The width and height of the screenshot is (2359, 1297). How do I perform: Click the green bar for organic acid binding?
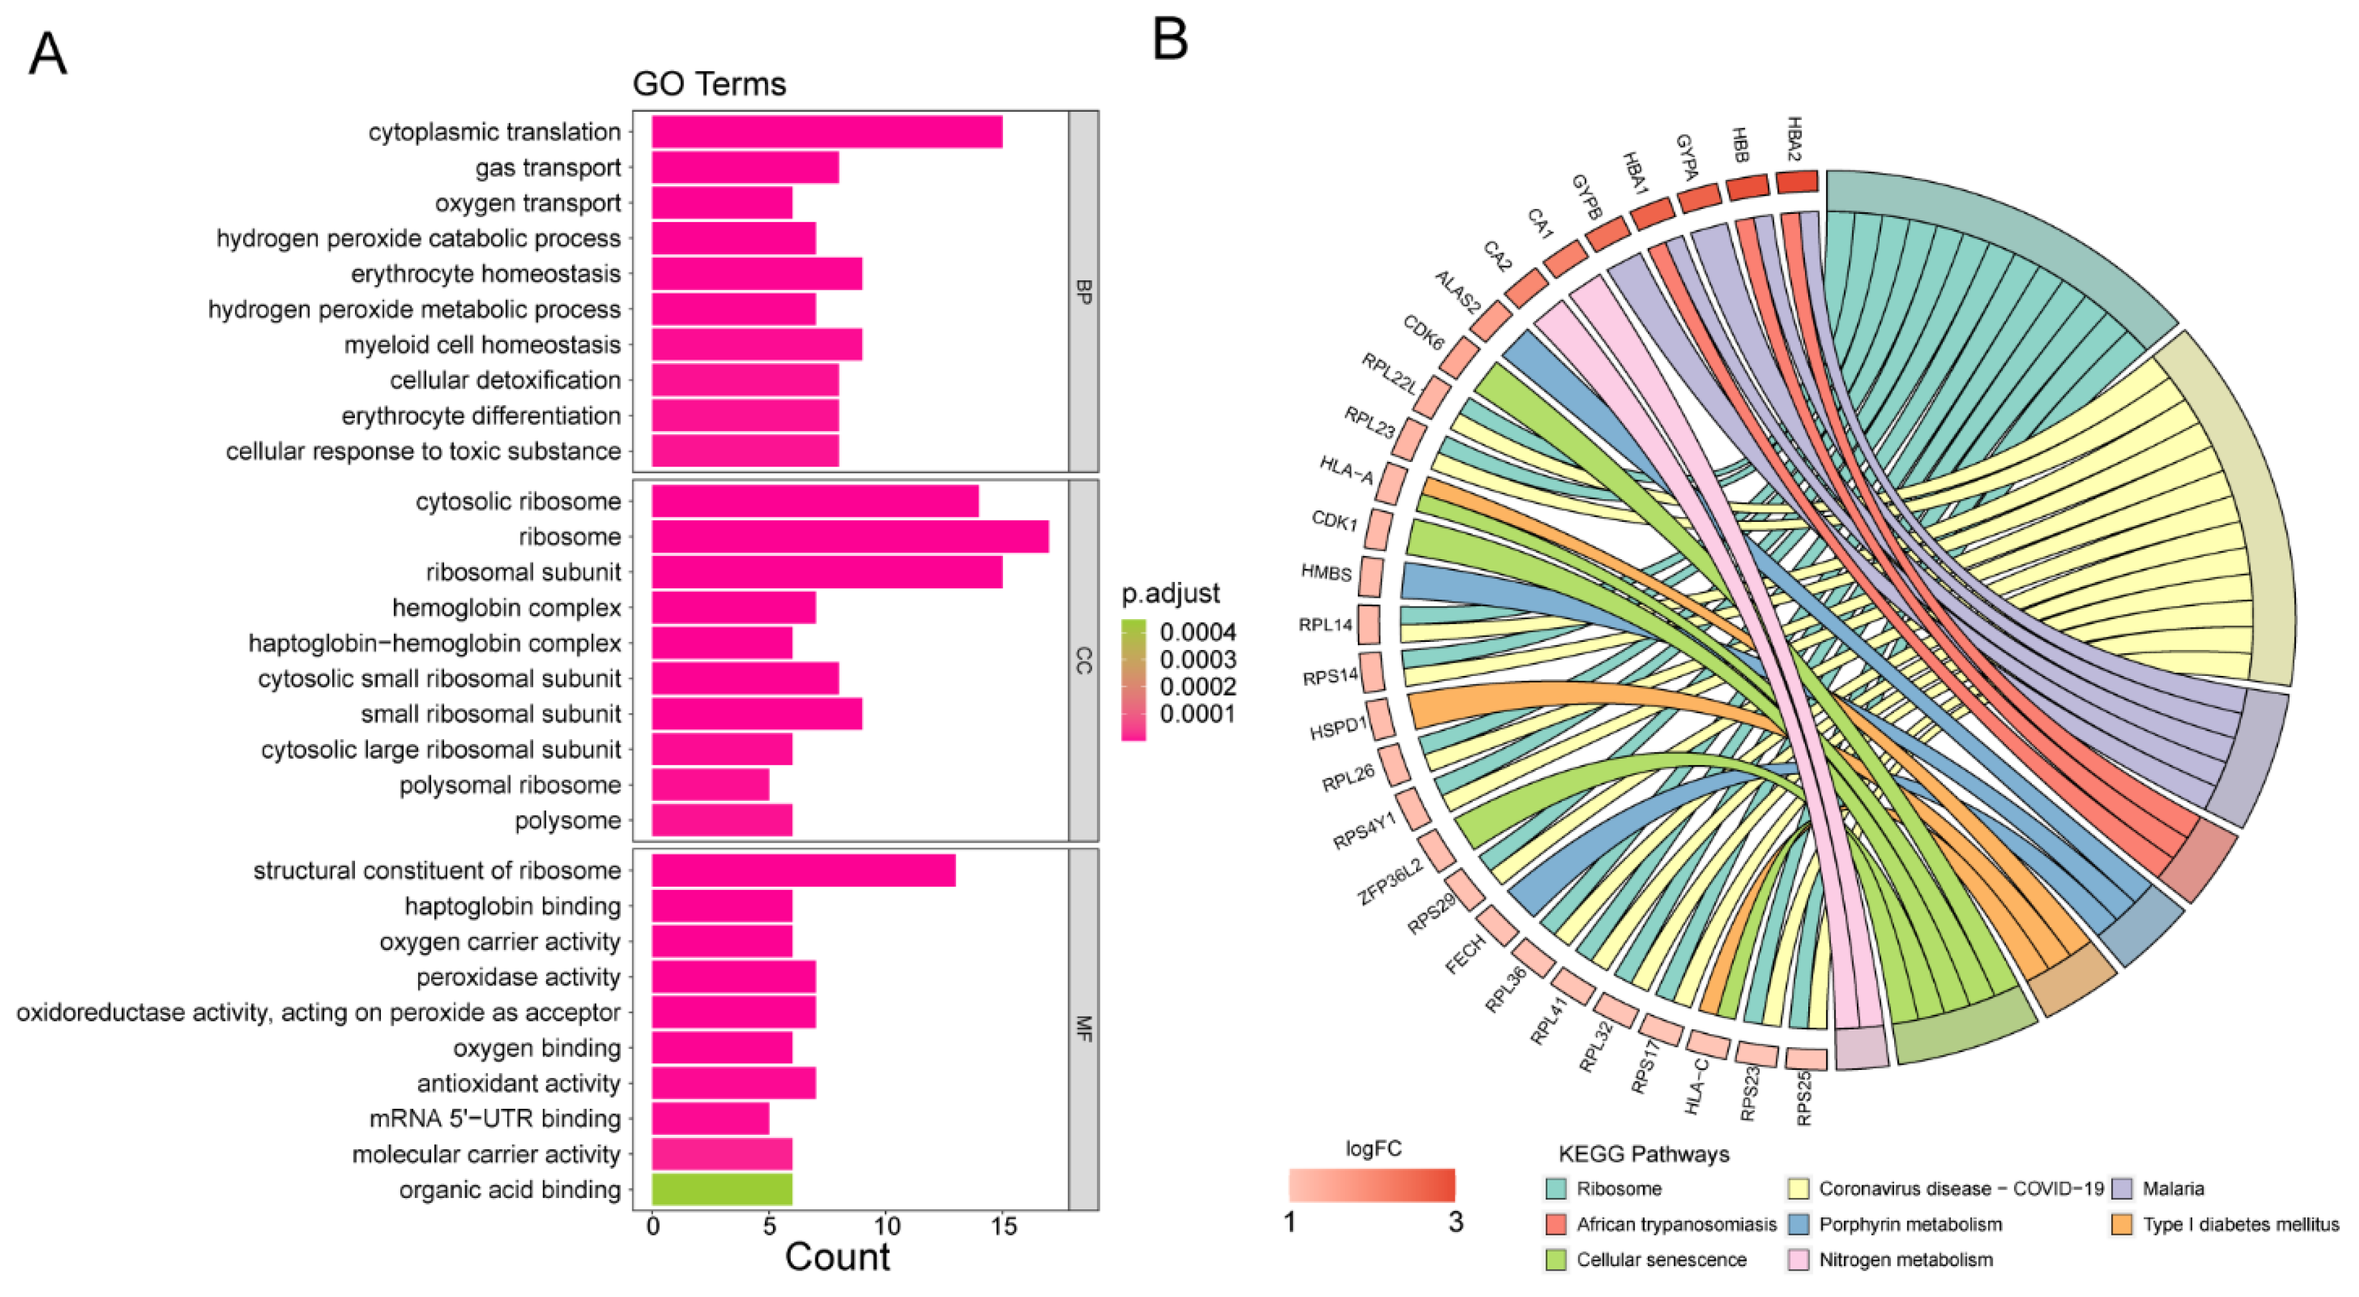722,1189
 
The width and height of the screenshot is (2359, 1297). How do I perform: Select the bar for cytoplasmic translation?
826,132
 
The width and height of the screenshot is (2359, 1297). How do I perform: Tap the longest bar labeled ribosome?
850,536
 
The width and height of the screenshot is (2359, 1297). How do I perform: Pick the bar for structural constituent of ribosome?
803,870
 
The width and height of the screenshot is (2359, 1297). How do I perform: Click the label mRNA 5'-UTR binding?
495,1118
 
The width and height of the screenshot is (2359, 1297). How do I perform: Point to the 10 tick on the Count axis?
887,1226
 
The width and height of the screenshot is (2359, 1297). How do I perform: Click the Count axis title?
837,1257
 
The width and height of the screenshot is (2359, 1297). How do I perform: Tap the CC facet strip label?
1083,660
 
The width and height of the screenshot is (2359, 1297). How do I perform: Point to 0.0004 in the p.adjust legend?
1198,632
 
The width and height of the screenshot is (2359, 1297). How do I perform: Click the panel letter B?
1170,41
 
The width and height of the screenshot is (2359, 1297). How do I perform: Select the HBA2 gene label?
1795,139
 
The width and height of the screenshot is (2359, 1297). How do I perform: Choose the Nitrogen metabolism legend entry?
1905,1260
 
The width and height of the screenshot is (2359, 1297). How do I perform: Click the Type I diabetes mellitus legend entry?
2240,1224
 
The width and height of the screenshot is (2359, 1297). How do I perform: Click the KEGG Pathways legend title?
1644,1154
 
